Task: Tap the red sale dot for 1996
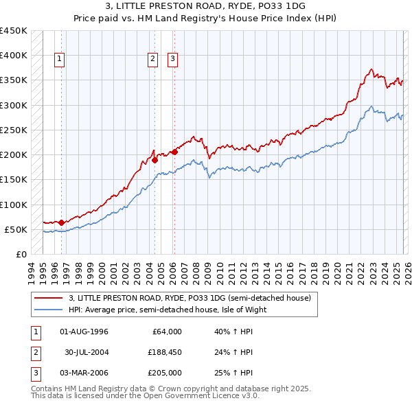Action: click(61, 222)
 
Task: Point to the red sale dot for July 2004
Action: click(154, 160)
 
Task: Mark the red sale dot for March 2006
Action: click(174, 152)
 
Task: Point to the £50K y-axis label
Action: click(16, 229)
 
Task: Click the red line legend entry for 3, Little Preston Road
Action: click(190, 298)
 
